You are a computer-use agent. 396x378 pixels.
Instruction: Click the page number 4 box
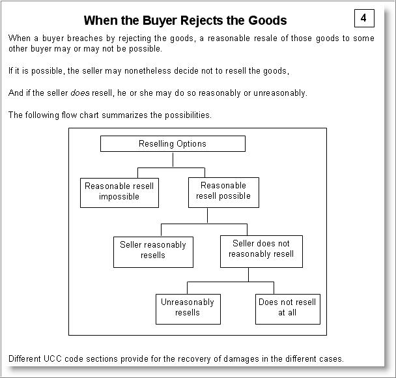(x=363, y=18)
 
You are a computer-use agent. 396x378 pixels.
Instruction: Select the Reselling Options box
(x=173, y=143)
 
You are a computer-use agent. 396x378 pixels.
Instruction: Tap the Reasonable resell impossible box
(x=119, y=192)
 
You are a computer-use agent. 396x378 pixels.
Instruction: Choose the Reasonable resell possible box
(x=223, y=191)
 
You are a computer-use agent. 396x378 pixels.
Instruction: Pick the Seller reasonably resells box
(x=153, y=250)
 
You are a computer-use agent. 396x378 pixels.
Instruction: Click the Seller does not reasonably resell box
(x=261, y=249)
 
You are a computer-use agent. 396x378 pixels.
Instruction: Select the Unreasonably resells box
(x=188, y=308)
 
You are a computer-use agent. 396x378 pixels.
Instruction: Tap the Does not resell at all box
(x=287, y=308)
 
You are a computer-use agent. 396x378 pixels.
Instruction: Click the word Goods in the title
(x=266, y=21)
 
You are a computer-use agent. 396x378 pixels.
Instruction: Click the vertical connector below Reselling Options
(x=173, y=159)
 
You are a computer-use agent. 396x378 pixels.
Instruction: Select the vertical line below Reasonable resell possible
(x=207, y=216)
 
